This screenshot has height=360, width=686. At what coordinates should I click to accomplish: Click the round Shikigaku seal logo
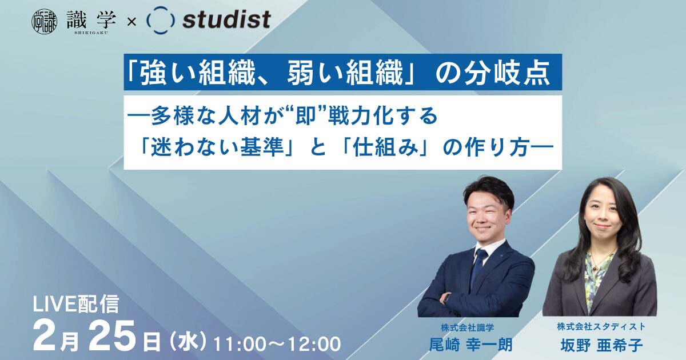coord(45,21)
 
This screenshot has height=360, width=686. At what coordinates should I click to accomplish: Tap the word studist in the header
coord(226,21)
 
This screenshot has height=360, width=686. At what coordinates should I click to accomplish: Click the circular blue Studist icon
coord(161,20)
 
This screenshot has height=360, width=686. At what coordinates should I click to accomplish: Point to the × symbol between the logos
coord(131,22)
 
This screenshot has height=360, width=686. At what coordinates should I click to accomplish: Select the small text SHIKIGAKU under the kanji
coord(91,33)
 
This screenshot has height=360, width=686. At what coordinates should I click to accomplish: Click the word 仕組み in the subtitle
coord(385,148)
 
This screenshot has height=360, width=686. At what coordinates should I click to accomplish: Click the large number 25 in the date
coord(114,335)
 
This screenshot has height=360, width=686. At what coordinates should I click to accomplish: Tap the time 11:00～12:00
coord(277,344)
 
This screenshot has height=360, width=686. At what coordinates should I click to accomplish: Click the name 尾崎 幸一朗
coord(470,345)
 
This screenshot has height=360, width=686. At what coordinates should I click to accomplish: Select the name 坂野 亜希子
coord(601,345)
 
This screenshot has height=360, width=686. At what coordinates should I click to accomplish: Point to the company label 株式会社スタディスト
coord(601,327)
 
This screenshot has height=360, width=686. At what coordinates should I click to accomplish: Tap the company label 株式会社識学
coord(468,327)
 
